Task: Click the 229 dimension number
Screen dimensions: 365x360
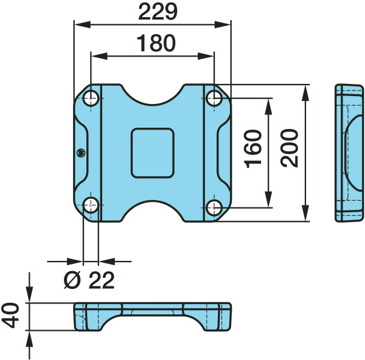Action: (158, 12)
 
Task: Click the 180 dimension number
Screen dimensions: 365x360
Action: (156, 43)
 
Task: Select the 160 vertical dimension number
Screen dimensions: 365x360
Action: (253, 149)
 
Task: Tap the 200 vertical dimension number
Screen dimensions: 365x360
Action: (290, 148)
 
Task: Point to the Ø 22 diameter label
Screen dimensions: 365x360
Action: (89, 280)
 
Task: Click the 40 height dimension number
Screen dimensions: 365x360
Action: (10, 316)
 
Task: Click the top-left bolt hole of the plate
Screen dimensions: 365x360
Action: (91, 99)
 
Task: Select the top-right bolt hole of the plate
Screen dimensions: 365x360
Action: (214, 98)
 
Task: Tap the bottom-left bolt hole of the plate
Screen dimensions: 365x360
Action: (91, 205)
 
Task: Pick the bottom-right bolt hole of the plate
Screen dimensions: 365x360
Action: (214, 207)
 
